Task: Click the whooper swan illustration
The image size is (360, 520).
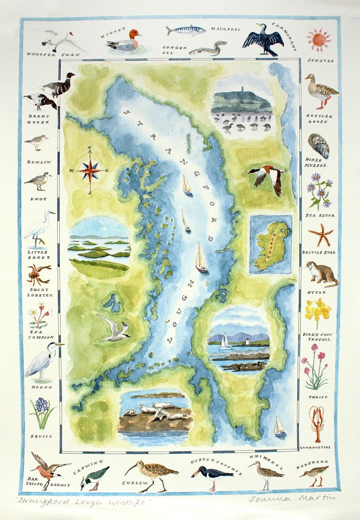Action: point(58,40)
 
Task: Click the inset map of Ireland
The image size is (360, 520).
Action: point(271,245)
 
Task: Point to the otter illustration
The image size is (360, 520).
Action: point(321,274)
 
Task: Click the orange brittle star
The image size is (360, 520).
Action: point(321,235)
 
